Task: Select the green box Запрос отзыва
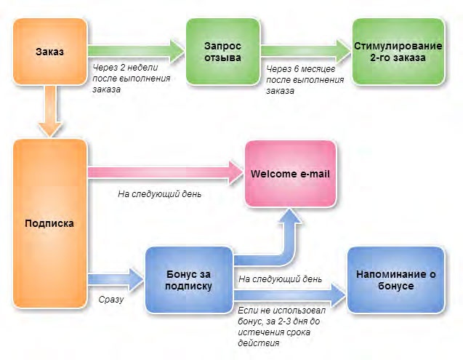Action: point(222,52)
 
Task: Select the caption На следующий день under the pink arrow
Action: point(160,195)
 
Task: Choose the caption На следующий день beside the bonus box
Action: point(280,279)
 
